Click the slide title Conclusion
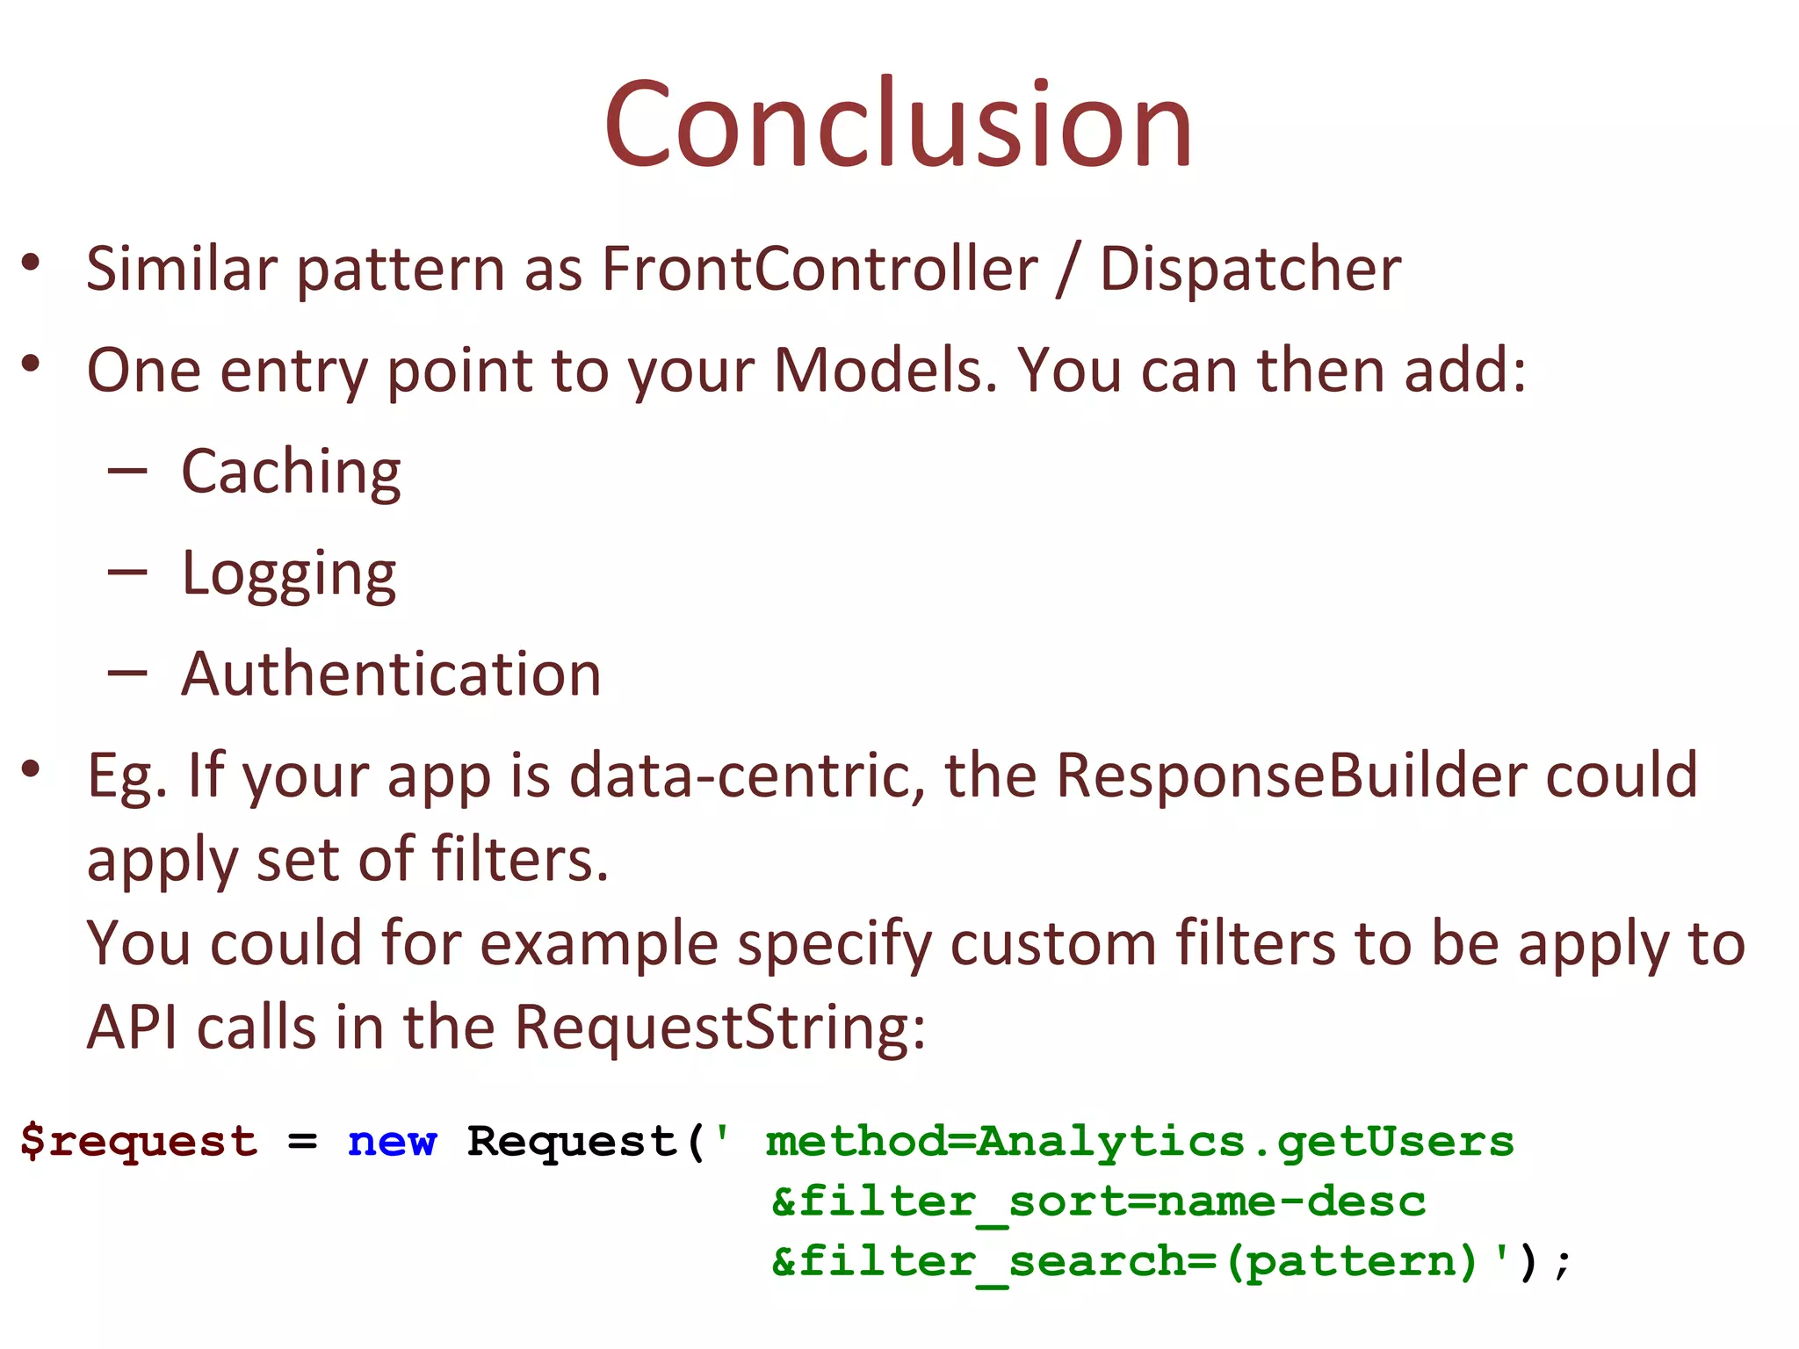point(898,125)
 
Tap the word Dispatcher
point(1250,269)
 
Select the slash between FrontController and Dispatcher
point(1068,271)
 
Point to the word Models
point(885,371)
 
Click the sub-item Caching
point(291,473)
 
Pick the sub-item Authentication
point(391,674)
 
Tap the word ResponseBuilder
point(1291,775)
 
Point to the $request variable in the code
point(139,1142)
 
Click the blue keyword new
point(392,1142)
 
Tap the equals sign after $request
point(302,1143)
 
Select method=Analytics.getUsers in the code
point(1139,1142)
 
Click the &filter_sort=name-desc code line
point(1098,1201)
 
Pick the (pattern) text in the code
point(1353,1262)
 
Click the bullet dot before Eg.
point(32,769)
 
